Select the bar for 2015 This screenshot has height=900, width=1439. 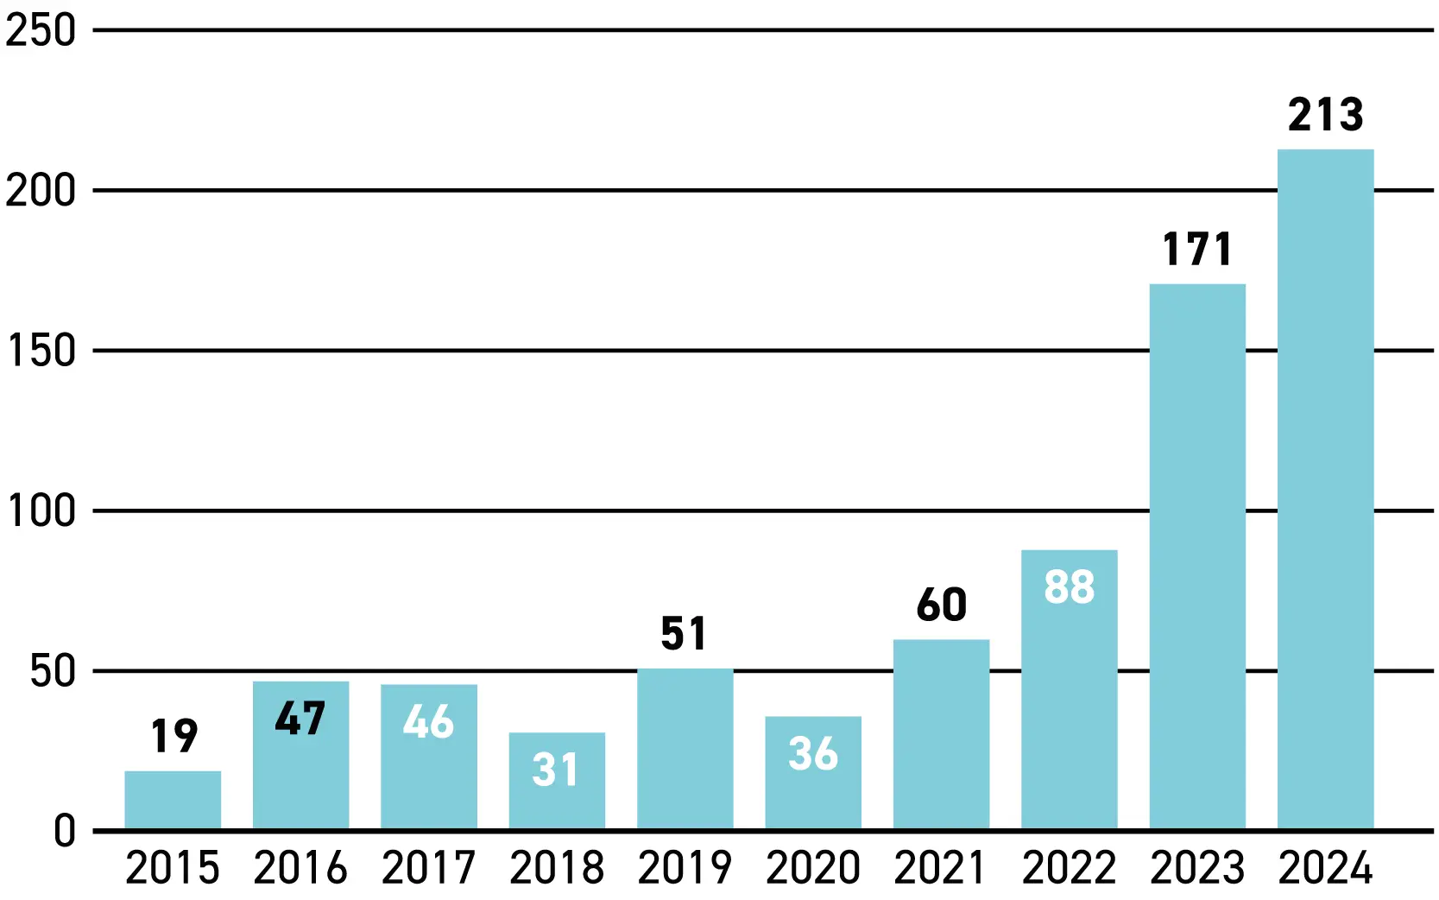click(173, 800)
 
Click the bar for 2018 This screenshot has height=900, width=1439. click(557, 781)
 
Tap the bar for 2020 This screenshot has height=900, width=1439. click(813, 773)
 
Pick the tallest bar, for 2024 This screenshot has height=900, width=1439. click(1326, 489)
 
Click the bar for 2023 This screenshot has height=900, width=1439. click(1197, 557)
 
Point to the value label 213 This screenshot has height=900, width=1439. click(1326, 115)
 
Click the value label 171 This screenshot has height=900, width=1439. click(1197, 249)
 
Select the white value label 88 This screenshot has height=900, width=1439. click(1070, 586)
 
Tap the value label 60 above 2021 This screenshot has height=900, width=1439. click(941, 605)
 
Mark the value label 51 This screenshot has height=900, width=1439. click(685, 634)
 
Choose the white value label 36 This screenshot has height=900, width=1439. click(813, 753)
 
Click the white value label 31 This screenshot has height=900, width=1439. click(556, 770)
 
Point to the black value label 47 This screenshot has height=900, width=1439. click(300, 718)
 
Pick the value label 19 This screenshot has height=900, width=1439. click(174, 736)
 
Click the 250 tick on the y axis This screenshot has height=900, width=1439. click(41, 30)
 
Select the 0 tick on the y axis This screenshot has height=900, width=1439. click(65, 831)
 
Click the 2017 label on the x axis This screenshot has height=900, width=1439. click(428, 868)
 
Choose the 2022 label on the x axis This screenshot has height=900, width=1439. click(1069, 868)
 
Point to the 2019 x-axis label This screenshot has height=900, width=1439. click(685, 868)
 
